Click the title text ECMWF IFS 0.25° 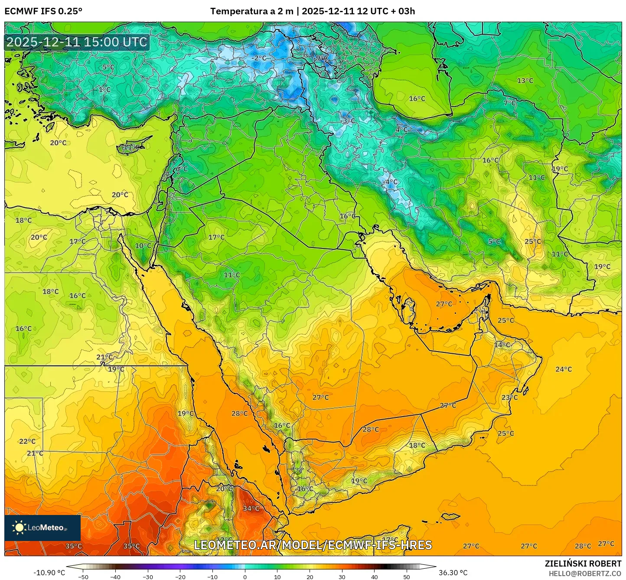point(43,11)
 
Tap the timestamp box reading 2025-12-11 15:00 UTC point(77,42)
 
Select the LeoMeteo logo point(42,528)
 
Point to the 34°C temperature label point(251,508)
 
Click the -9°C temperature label point(321,58)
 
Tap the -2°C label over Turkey point(259,58)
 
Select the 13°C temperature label point(525,81)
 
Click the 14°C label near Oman point(502,345)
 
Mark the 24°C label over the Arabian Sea point(564,369)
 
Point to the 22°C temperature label point(27,441)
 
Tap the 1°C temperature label point(104,90)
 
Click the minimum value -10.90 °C point(49,573)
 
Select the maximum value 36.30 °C point(453,573)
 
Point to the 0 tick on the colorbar point(245,577)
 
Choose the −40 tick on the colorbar point(115,577)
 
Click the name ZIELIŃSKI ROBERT point(583,564)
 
